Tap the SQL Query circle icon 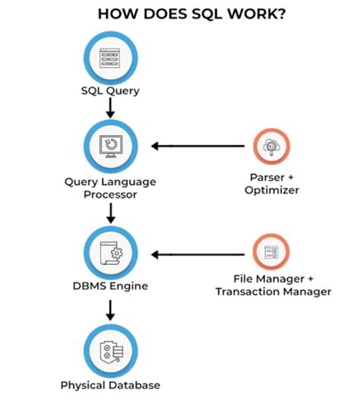pos(111,57)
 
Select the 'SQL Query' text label pos(111,93)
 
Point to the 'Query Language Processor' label pos(111,188)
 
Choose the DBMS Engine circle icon pos(111,254)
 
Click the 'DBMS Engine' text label pos(111,286)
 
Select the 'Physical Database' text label pos(111,385)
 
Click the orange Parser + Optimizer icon pos(270,147)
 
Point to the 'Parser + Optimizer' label pos(271,182)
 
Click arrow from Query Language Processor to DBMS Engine pos(111,214)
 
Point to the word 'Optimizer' pos(271,189)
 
